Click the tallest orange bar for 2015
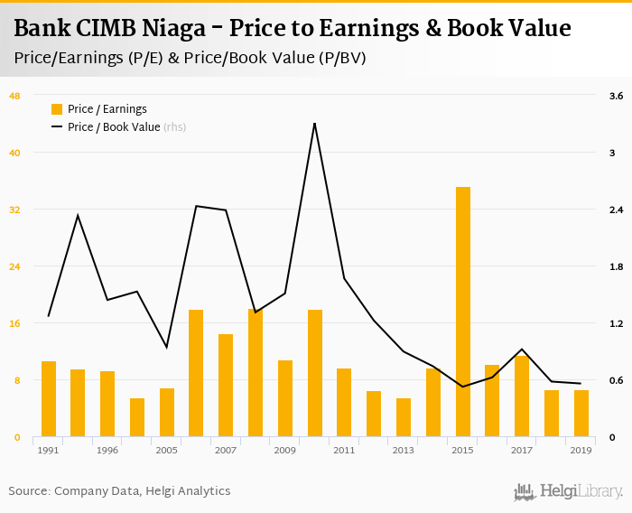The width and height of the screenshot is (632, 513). click(x=463, y=312)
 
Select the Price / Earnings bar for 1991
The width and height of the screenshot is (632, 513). click(x=49, y=399)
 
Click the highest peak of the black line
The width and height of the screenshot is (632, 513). click(x=314, y=123)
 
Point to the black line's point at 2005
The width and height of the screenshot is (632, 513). click(x=166, y=347)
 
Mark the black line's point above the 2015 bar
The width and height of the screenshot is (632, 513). click(x=463, y=387)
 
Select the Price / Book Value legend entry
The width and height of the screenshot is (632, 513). click(x=114, y=127)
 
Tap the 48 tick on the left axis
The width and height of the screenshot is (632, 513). click(x=14, y=96)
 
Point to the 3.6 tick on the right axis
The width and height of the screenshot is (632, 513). click(x=617, y=96)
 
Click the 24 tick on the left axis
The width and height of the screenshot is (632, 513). click(x=14, y=266)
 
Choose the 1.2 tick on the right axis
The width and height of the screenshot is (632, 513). click(x=617, y=323)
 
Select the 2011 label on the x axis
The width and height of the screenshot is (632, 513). click(x=344, y=450)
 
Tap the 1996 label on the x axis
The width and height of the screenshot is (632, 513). click(x=107, y=450)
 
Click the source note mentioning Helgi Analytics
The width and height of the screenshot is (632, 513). click(x=120, y=491)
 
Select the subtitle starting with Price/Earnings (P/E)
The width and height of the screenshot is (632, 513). click(x=191, y=58)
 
